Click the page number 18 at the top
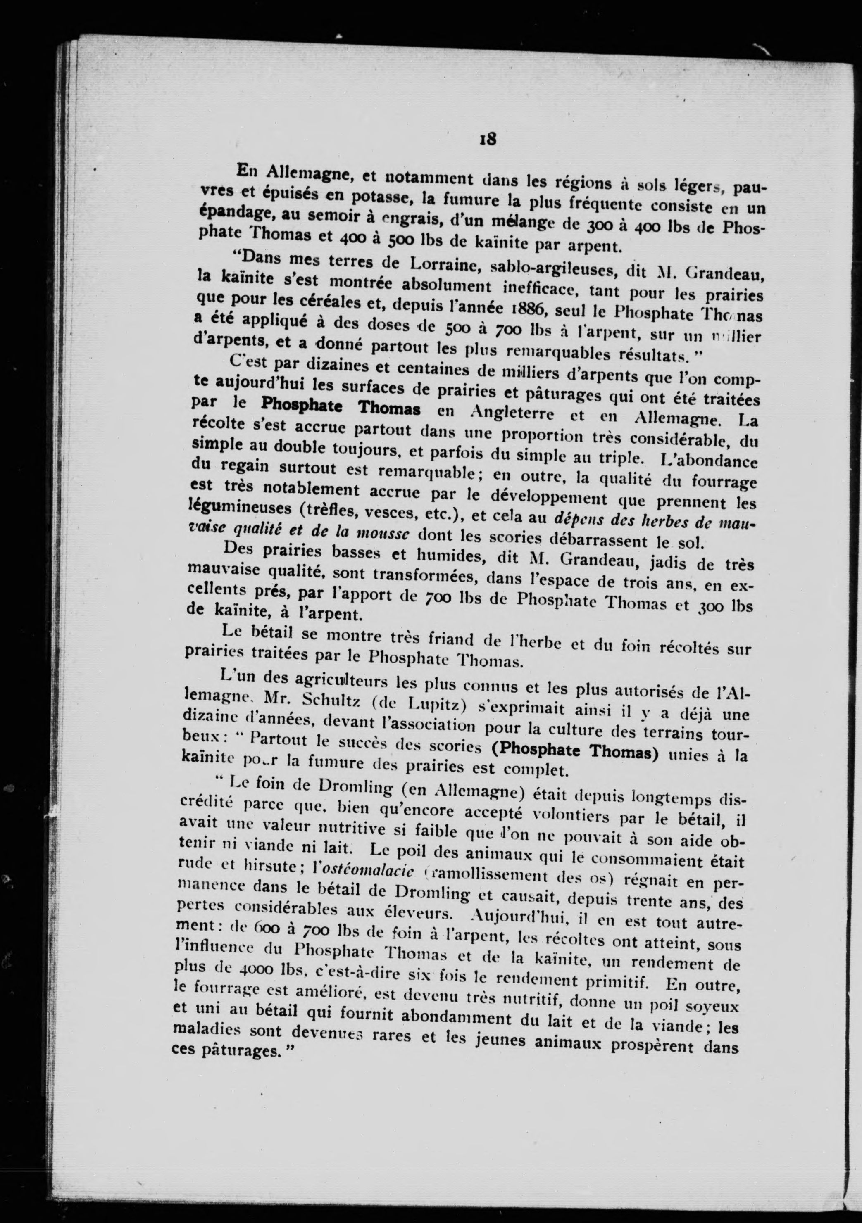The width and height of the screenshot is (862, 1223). [x=488, y=139]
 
